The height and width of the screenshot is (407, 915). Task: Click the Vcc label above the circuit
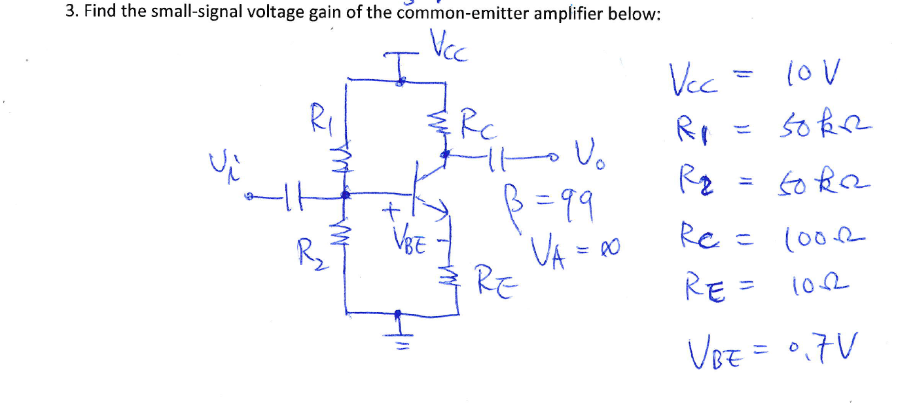point(450,48)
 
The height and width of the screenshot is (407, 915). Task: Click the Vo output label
point(587,157)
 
